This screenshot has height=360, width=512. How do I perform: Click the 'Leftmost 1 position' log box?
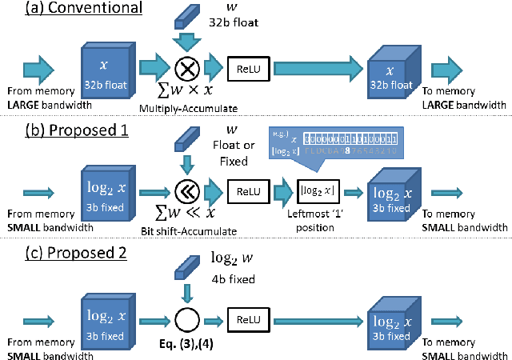tap(317, 192)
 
